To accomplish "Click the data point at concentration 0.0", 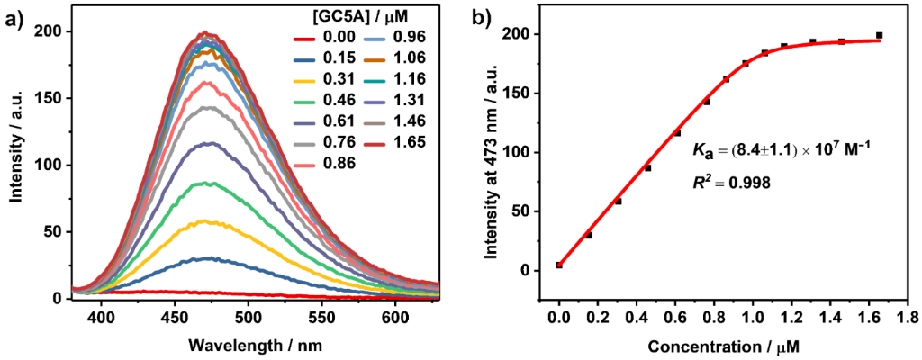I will pyautogui.click(x=559, y=265).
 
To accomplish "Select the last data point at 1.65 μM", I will pyautogui.click(x=879, y=35).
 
